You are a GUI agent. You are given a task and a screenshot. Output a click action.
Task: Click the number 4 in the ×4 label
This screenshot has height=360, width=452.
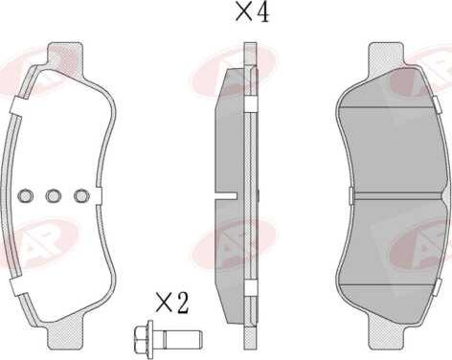click(262, 13)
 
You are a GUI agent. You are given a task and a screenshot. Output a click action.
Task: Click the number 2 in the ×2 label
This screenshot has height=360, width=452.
click(181, 303)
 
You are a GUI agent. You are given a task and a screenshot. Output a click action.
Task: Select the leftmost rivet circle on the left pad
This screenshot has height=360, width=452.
click(25, 195)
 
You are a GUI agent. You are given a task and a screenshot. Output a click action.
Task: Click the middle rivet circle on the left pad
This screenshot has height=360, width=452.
click(53, 195)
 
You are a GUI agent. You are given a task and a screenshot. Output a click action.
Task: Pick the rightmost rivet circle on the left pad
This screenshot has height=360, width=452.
click(81, 195)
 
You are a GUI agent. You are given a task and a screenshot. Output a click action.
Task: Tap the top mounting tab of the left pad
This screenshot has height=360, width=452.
click(65, 55)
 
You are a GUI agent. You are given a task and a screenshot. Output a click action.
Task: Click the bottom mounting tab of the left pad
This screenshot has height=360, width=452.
click(65, 337)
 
